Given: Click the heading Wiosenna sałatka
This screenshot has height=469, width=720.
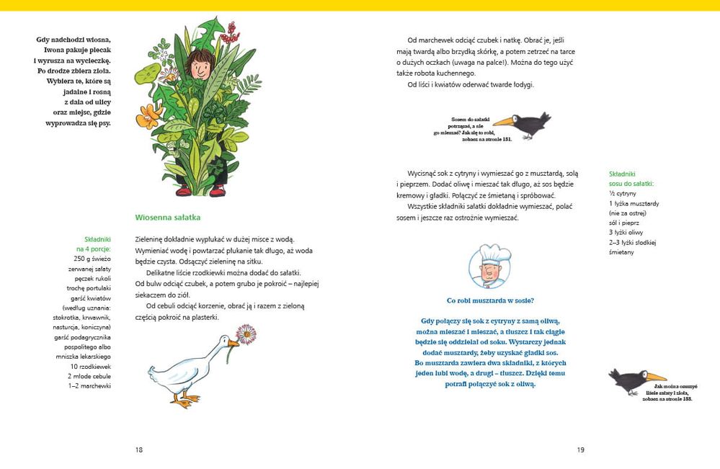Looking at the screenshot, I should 167,217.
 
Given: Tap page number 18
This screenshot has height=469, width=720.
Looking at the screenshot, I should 139,450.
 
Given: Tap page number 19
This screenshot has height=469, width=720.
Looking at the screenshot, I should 580,450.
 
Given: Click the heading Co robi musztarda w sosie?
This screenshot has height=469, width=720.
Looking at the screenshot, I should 490,300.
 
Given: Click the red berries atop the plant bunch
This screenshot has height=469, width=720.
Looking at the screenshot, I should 229,33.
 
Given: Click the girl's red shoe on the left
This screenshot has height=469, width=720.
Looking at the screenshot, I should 182,191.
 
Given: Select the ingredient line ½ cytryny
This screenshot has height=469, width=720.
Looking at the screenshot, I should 623,194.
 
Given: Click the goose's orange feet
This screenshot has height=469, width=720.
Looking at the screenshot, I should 185,397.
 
